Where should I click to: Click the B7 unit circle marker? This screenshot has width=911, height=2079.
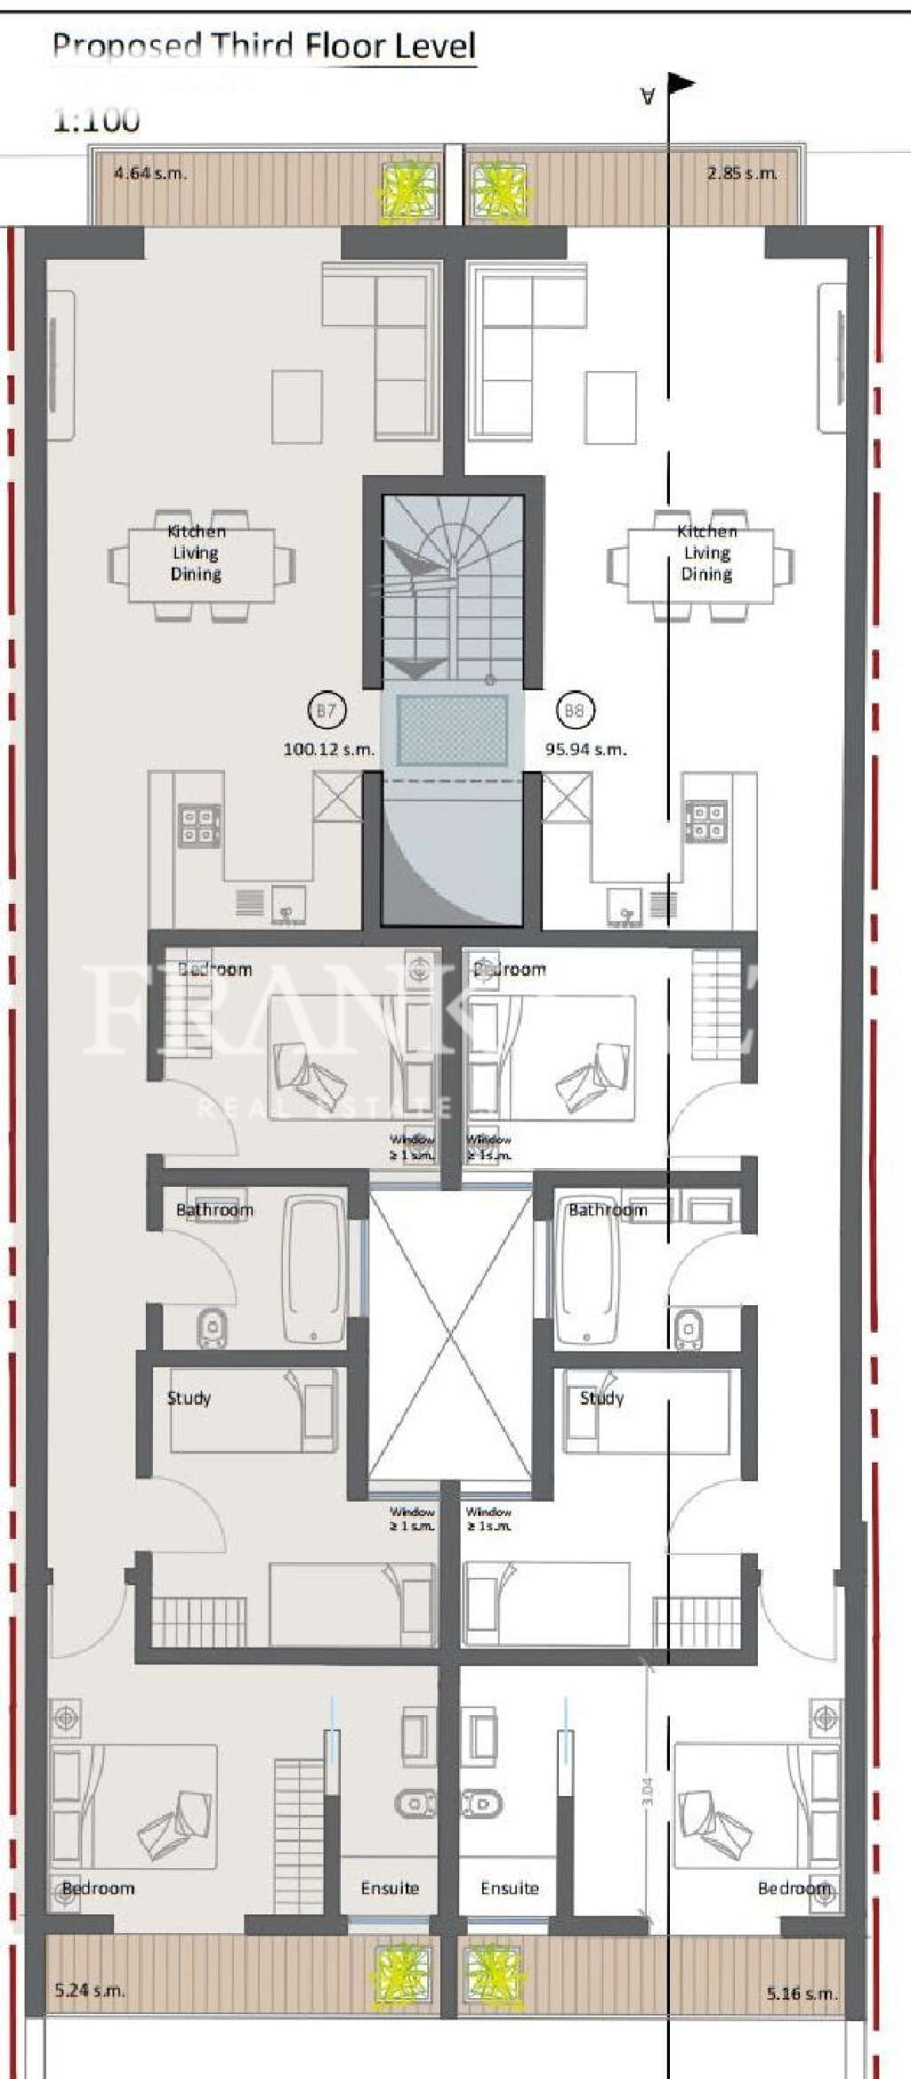(327, 710)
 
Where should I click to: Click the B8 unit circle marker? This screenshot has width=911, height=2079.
(574, 710)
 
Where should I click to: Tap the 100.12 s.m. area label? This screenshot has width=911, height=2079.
(328, 749)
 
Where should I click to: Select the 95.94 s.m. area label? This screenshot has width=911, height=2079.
(585, 749)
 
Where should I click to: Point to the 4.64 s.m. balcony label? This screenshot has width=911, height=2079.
(149, 173)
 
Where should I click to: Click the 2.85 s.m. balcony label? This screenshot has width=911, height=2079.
(742, 173)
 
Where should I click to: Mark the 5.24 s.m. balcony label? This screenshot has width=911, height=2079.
(89, 1989)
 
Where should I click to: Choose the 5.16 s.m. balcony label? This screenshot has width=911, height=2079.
(802, 1993)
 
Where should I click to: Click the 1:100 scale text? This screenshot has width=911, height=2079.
(96, 119)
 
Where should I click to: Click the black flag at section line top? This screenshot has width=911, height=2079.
(681, 85)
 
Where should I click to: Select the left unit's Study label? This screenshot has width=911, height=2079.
(189, 1398)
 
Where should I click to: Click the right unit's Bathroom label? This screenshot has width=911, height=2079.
(608, 1210)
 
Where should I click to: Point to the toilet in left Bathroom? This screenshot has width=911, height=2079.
(212, 1328)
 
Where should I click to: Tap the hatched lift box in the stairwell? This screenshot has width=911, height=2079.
(452, 729)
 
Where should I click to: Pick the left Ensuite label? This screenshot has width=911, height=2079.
(390, 1887)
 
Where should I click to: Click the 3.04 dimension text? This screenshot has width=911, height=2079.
(648, 1790)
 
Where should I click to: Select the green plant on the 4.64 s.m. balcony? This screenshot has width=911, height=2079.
(409, 190)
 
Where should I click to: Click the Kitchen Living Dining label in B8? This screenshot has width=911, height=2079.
(707, 552)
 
